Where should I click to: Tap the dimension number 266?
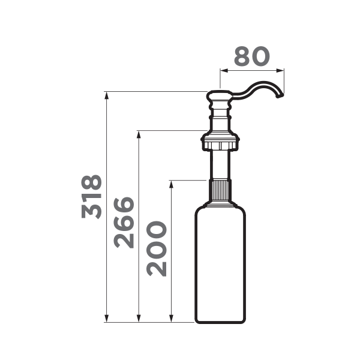tap(125, 222)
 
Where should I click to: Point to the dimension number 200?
tap(157, 248)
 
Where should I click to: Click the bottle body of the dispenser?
tap(220, 264)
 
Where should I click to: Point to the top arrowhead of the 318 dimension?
tap(106, 95)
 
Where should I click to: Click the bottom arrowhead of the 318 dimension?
tap(106, 319)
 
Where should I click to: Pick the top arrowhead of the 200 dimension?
tap(172, 183)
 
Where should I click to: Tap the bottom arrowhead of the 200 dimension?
tap(172, 319)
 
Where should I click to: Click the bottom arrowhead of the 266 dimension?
tap(139, 319)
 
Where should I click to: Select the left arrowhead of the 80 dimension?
tap(224, 70)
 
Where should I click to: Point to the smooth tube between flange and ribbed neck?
tap(220, 165)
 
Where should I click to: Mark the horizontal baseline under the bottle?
tap(150, 322)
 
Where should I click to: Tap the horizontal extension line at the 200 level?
tap(189, 179)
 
